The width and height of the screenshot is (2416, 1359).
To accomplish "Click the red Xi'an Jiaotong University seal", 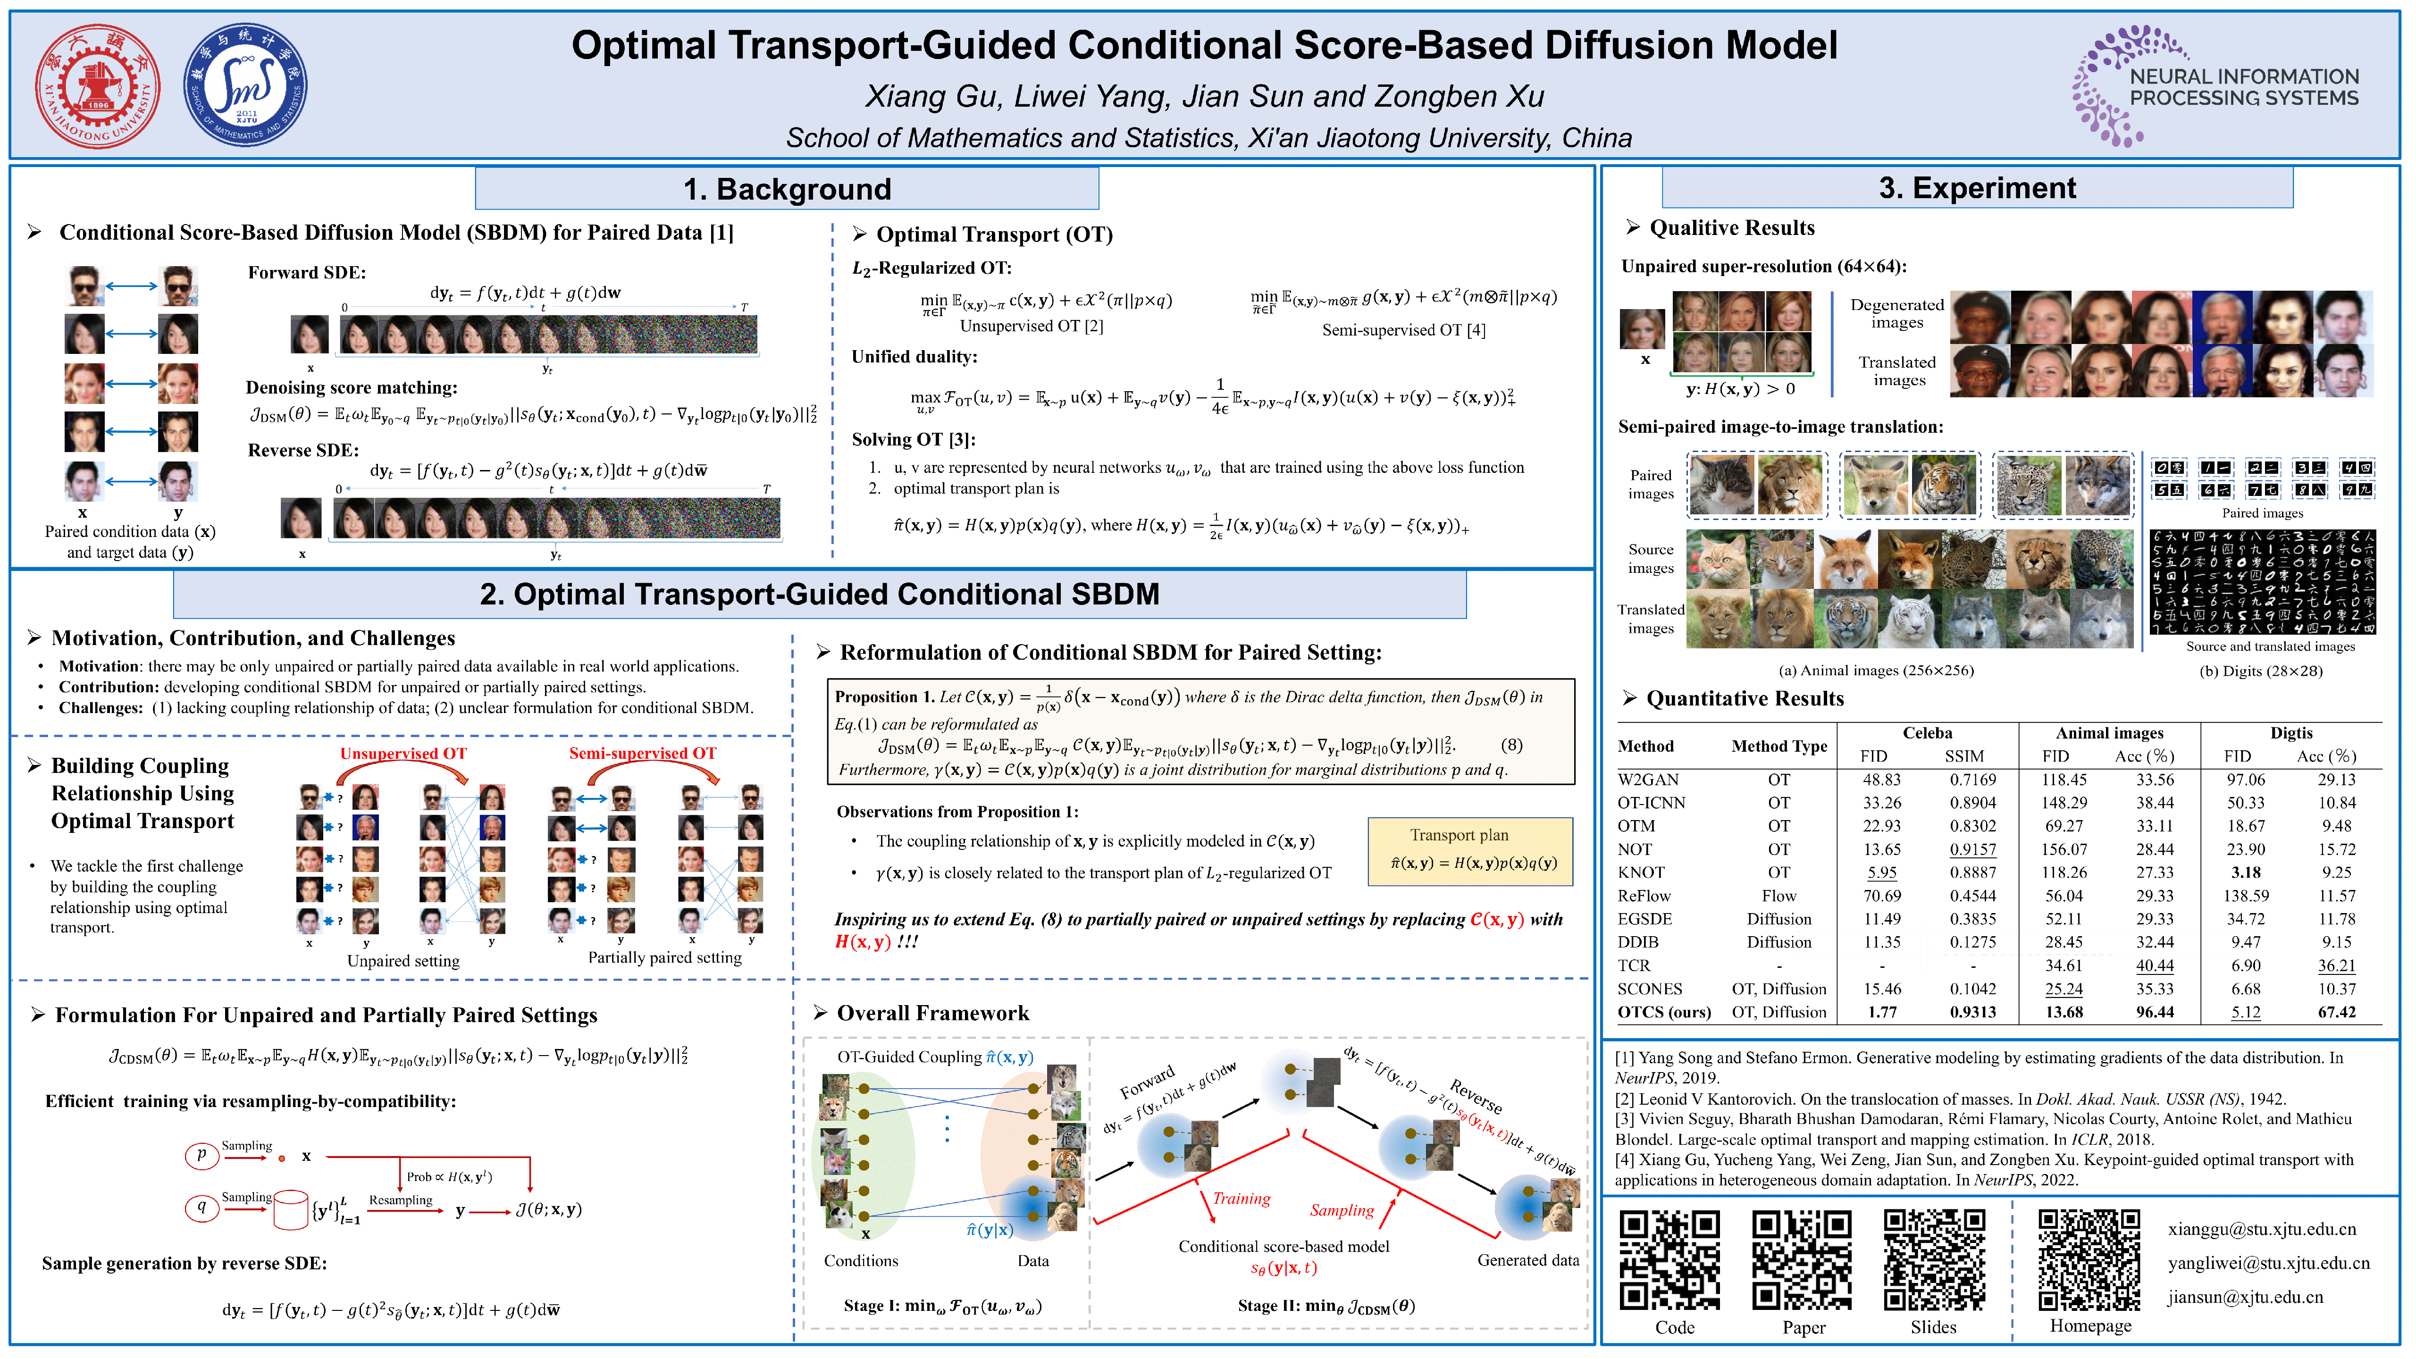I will pos(98,86).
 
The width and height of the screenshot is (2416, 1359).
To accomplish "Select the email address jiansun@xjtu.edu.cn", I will pos(2244,1297).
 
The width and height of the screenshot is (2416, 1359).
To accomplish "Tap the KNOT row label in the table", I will pos(1640,872).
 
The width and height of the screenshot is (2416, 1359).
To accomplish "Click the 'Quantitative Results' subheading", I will pos(1745,699).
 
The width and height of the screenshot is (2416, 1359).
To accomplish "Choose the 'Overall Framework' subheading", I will pos(932,1013).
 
